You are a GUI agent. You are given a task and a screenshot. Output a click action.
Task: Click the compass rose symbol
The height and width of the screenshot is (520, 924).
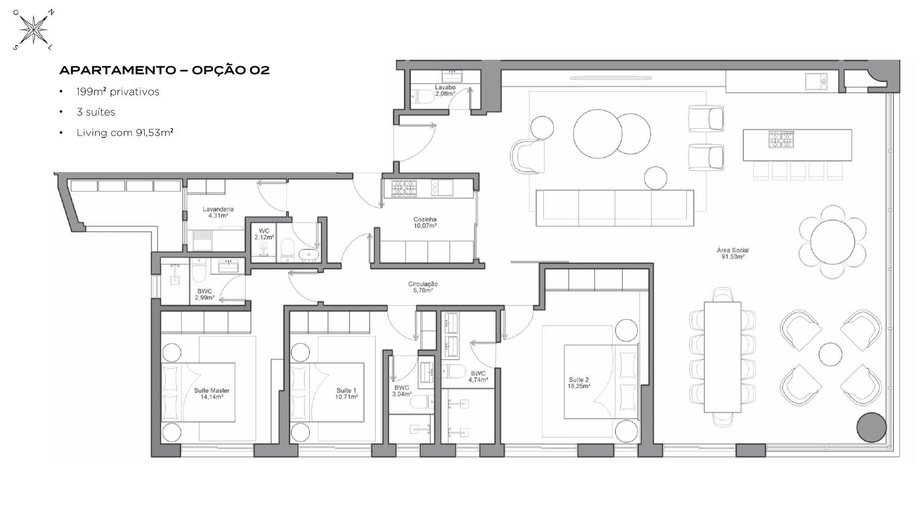[x=34, y=30]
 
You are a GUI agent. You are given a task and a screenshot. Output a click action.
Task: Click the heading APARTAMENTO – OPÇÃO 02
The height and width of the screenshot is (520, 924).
[x=164, y=70]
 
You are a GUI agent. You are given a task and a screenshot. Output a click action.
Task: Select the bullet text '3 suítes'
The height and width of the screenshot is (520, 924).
[x=95, y=112]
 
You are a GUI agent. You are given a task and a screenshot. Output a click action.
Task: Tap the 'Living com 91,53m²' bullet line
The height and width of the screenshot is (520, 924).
[x=124, y=132]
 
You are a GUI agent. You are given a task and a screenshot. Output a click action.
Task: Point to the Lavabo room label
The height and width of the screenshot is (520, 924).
[x=445, y=91]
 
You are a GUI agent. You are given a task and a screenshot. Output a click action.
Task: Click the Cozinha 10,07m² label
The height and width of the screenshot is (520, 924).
[x=425, y=222]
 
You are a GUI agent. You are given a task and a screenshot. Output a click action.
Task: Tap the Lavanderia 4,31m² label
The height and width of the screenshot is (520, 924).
[x=218, y=212]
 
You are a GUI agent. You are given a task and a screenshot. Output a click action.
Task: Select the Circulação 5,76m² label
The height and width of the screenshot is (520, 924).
[x=423, y=287]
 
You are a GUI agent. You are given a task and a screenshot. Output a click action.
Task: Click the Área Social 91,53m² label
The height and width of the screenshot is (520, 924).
[x=732, y=253]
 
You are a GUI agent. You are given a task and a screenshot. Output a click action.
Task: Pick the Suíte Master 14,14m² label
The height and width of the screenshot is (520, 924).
[x=212, y=393]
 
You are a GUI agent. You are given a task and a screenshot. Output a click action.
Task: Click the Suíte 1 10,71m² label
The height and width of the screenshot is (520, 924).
[x=346, y=393]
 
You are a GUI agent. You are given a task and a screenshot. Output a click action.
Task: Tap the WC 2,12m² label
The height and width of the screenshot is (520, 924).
[x=264, y=234]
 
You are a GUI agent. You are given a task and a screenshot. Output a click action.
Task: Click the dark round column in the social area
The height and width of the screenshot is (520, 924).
[x=871, y=427]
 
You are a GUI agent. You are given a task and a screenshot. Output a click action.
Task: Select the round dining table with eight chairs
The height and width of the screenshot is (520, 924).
[x=832, y=242]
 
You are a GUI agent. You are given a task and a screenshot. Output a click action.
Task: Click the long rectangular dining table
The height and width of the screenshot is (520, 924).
[x=723, y=357]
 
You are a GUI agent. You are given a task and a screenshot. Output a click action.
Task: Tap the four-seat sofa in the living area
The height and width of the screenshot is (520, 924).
[x=615, y=208]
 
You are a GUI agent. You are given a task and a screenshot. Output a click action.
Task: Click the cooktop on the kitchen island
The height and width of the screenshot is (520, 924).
[x=781, y=139]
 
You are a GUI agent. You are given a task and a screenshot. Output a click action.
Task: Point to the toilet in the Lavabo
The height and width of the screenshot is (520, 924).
[x=423, y=97]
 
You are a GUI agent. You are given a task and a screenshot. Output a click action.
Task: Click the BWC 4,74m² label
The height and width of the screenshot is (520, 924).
[x=478, y=376]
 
